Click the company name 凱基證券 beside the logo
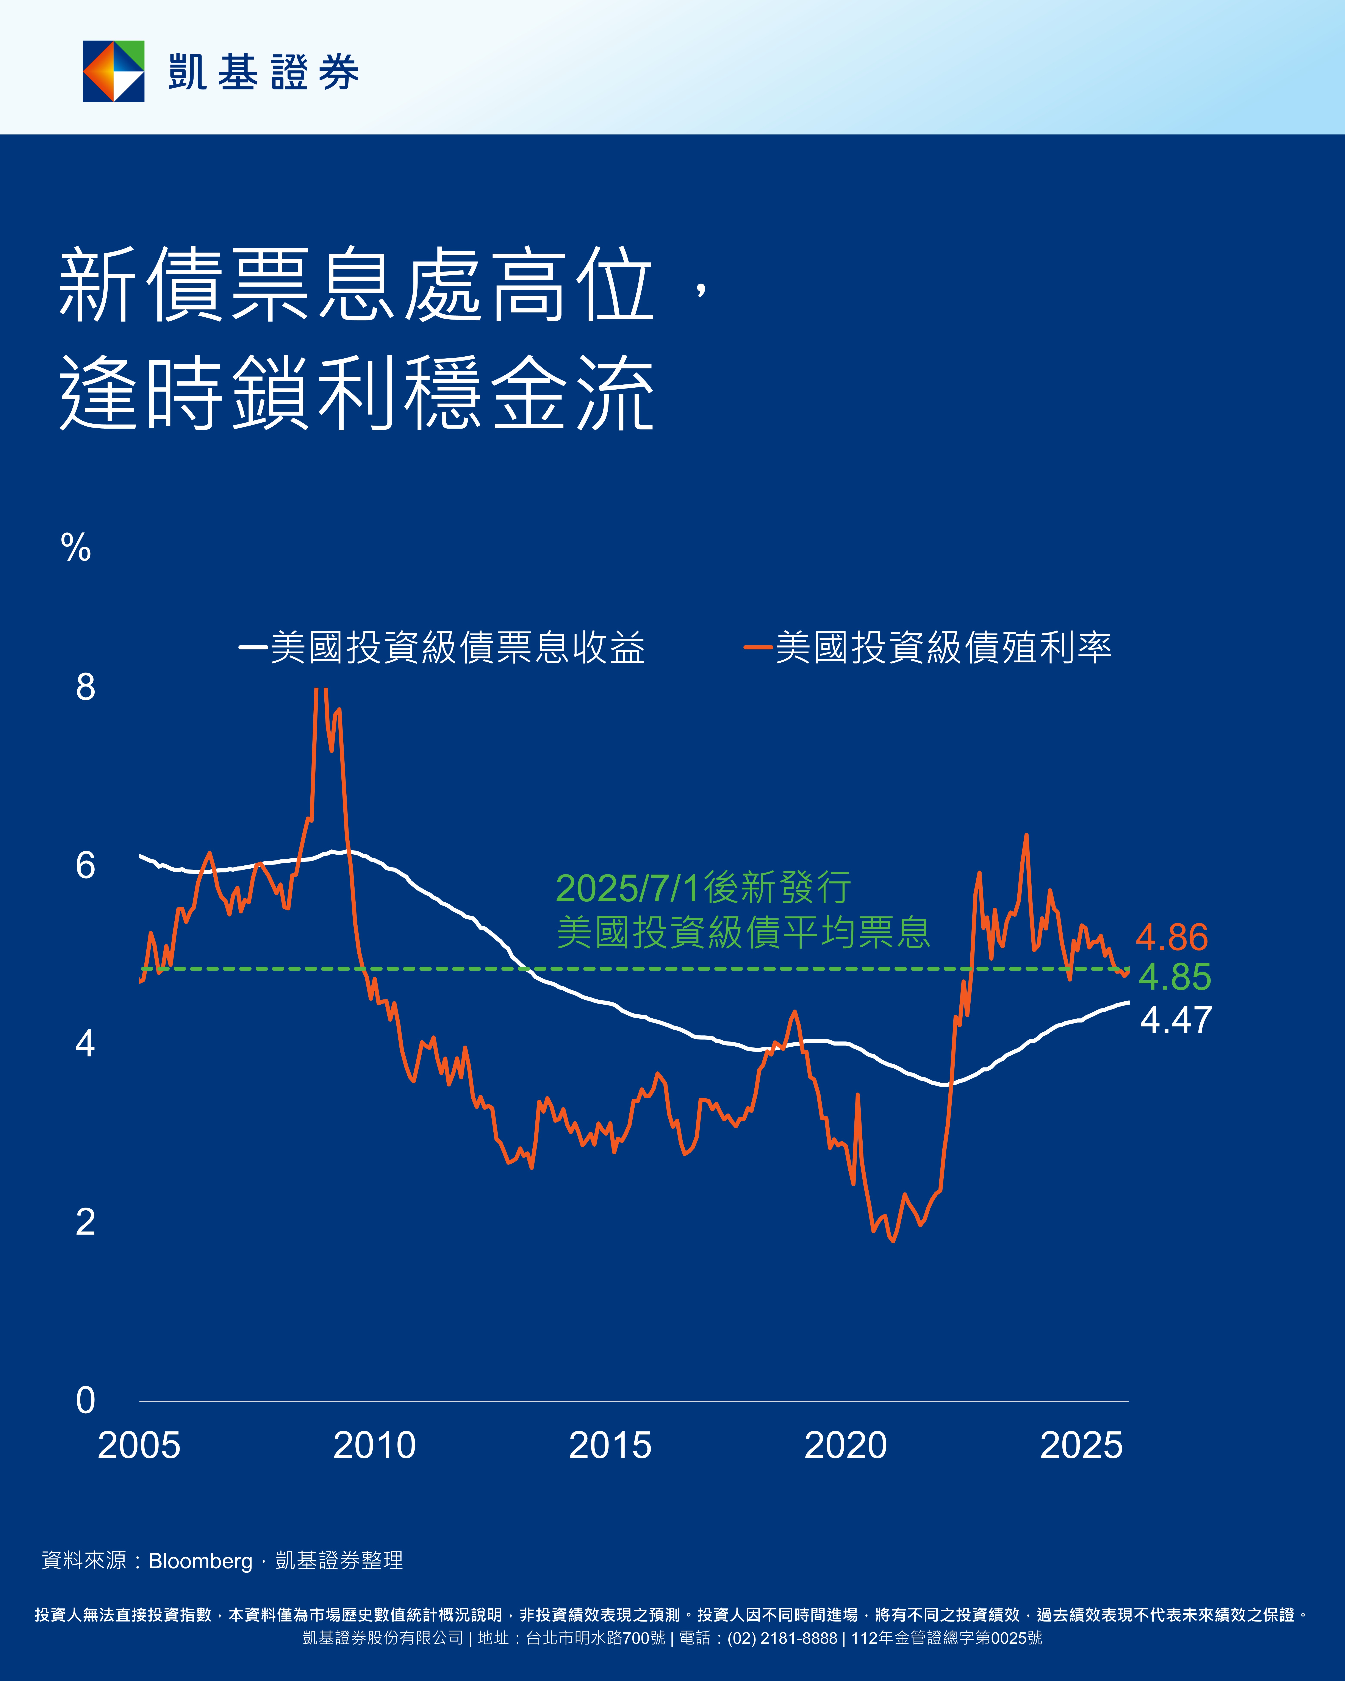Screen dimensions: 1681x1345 tap(264, 72)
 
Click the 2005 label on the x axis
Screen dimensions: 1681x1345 tap(139, 1445)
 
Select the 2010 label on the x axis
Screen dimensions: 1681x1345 tap(374, 1445)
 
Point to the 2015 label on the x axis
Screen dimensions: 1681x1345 tap(610, 1445)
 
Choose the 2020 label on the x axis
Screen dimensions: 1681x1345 tap(845, 1445)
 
